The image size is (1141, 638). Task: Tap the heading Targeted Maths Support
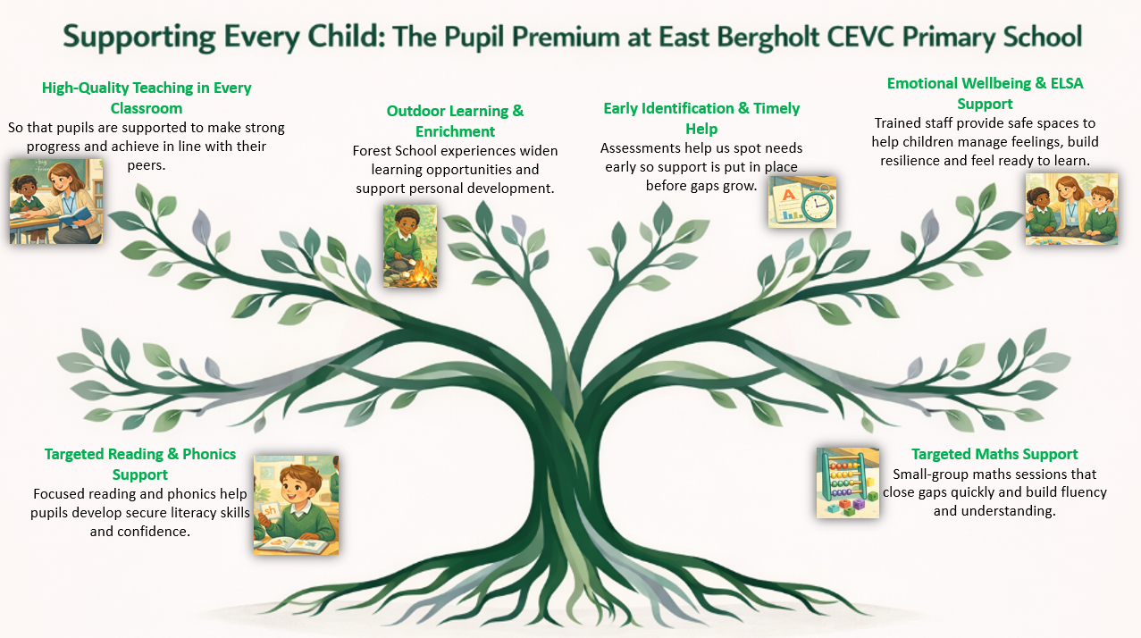pos(994,454)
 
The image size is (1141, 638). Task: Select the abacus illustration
pos(848,483)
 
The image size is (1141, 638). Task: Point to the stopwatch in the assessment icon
pos(817,204)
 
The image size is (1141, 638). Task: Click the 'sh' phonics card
pos(270,510)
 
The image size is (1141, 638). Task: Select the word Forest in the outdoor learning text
pos(372,151)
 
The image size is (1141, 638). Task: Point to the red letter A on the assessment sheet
pos(788,194)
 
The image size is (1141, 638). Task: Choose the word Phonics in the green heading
pos(209,454)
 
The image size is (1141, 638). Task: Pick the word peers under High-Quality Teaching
pos(147,165)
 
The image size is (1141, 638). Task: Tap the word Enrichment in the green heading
pos(455,132)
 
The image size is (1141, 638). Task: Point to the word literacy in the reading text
pos(197,513)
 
